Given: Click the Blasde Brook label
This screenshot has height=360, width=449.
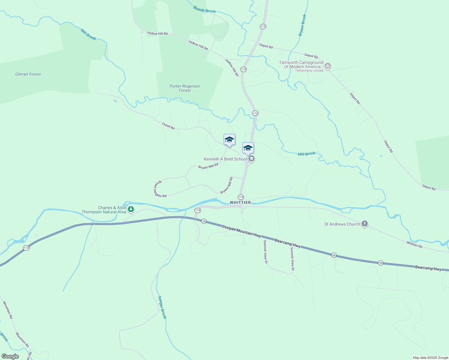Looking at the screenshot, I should click(204, 10).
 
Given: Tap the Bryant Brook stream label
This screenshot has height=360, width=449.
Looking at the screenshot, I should click(303, 25).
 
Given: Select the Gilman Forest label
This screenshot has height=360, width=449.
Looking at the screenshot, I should click(28, 74).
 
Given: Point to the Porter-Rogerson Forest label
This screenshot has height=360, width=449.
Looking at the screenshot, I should click(185, 88).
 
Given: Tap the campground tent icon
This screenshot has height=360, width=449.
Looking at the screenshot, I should click(328, 66).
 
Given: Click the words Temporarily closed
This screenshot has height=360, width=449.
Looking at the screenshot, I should click(309, 71).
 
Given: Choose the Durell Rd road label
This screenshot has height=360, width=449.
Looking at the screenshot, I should click(168, 126).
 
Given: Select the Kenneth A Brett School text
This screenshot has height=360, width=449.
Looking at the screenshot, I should click(225, 159).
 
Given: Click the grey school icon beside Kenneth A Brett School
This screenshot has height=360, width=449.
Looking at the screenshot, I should click(252, 159).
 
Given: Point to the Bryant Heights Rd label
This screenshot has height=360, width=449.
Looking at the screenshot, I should click(160, 189).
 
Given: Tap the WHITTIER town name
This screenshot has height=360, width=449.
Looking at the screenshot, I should click(240, 202).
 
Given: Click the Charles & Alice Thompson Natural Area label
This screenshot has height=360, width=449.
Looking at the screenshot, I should click(104, 210).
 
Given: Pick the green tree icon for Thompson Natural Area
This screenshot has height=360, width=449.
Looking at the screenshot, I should click(131, 209).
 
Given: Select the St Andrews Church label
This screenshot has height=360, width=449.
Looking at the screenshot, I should click(342, 224).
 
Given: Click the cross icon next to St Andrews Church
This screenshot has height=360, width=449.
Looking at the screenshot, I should click(364, 224).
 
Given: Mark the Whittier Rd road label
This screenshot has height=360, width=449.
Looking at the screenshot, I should click(414, 244).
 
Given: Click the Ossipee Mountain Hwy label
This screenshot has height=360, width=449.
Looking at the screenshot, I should click(241, 231).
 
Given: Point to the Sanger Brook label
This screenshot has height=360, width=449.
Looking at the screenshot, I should click(162, 307).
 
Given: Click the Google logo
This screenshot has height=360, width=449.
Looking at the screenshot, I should click(10, 356).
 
